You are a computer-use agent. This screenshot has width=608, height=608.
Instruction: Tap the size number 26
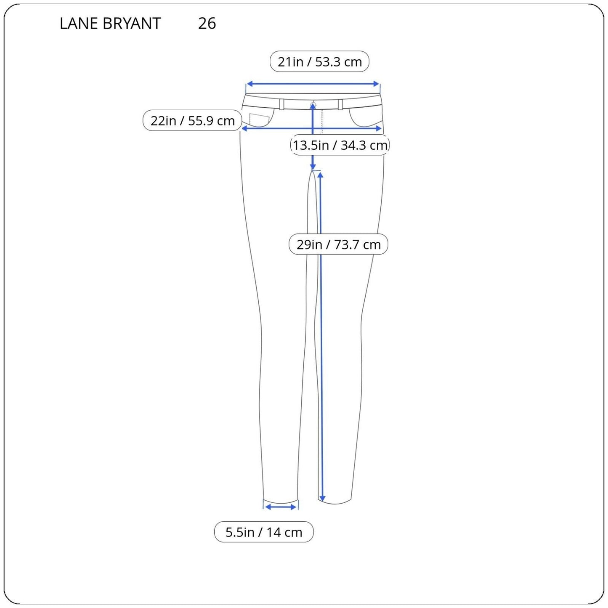tap(207, 24)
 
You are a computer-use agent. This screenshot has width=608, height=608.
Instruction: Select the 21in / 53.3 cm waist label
tap(319, 62)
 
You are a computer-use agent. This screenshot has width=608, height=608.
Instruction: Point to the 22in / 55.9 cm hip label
tap(192, 121)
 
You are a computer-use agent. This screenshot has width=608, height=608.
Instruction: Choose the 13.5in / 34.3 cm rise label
tap(340, 145)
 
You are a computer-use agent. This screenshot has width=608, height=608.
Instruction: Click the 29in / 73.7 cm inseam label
tap(338, 244)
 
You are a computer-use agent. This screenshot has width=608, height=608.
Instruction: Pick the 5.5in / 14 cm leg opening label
tap(264, 532)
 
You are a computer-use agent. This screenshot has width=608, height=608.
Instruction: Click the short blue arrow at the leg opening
tap(281, 507)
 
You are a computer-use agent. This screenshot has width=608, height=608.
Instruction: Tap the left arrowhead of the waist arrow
tap(249, 84)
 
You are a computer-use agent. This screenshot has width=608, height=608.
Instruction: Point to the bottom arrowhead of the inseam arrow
tap(322, 499)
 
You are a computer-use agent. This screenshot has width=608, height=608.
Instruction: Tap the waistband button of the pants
tap(313, 104)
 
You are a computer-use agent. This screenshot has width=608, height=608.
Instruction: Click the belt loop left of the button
tap(281, 104)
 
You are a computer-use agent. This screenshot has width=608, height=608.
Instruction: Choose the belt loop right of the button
tap(340, 104)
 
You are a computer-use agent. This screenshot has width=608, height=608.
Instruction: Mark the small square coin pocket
tap(259, 120)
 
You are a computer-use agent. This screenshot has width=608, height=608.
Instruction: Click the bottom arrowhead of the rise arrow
tap(313, 167)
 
